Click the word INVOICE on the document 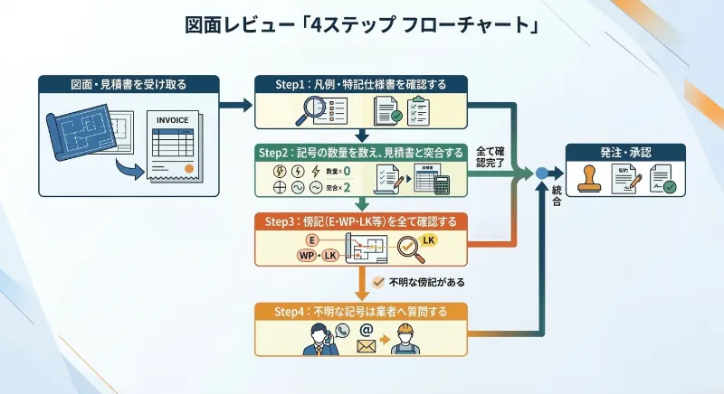172,120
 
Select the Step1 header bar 360,84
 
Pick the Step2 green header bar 360,151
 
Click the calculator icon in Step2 443,183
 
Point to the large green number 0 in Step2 348,171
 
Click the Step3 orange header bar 360,220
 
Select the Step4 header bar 360,311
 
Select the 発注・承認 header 624,152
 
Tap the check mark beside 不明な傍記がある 378,282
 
